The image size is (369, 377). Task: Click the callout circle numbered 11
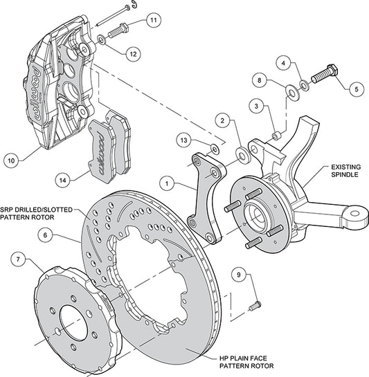click(152, 19)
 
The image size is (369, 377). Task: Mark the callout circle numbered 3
click(256, 106)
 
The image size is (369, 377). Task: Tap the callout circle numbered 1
click(165, 185)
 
